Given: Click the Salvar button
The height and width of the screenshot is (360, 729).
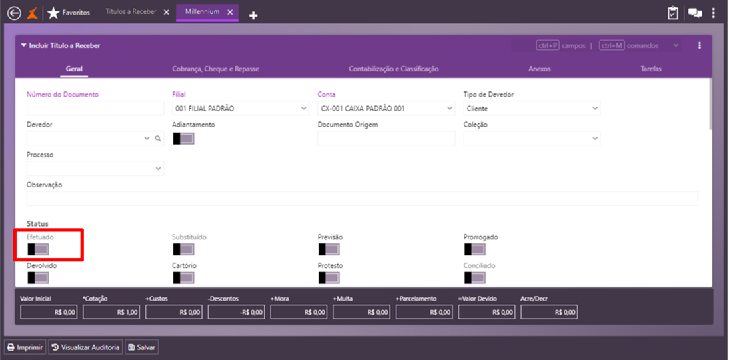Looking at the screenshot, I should [x=141, y=347].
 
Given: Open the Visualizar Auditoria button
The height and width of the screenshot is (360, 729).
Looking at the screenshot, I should [x=85, y=347].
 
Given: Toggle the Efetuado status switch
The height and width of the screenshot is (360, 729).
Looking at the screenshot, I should [x=38, y=249].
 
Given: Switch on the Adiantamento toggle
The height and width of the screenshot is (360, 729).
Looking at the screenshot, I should [x=183, y=138].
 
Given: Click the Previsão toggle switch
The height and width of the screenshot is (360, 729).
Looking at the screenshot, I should [x=329, y=249].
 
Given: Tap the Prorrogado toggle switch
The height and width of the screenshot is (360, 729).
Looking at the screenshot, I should [x=474, y=249].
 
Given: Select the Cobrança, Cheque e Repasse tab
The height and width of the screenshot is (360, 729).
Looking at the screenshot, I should [x=215, y=69].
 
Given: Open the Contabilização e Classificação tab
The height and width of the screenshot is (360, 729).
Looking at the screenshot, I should [x=394, y=69].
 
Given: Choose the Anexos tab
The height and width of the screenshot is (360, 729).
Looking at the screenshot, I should [x=540, y=69].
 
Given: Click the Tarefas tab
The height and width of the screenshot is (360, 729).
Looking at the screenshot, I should [x=651, y=69].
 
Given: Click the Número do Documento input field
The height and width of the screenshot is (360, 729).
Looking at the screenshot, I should [x=95, y=109].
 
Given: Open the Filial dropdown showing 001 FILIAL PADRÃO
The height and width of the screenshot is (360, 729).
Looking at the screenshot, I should [x=240, y=109].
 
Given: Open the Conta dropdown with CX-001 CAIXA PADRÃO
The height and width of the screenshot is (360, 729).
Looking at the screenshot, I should [x=386, y=109].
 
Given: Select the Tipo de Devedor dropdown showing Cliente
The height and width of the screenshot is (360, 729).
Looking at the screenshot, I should [x=532, y=109].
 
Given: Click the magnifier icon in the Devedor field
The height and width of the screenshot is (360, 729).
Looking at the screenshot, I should [x=158, y=139].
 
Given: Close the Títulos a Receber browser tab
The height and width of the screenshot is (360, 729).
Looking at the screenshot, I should [x=167, y=12].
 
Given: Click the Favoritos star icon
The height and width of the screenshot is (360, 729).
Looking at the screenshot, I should [x=53, y=13].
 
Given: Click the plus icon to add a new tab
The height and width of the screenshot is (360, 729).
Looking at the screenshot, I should [x=253, y=15].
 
